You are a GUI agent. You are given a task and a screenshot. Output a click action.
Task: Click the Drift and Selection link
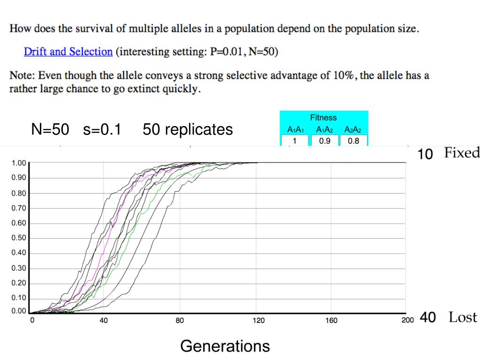(x=68, y=52)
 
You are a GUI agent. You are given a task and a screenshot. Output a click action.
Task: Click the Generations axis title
(x=225, y=346)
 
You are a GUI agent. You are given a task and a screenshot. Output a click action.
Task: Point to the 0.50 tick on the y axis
(x=19, y=238)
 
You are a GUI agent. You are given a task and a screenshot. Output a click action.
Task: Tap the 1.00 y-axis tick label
(x=19, y=163)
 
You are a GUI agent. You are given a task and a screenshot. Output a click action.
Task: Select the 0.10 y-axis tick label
(x=19, y=299)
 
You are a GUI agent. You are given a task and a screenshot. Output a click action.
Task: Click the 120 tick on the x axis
(x=258, y=321)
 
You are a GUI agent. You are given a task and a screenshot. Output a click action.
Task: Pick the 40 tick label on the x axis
(x=104, y=321)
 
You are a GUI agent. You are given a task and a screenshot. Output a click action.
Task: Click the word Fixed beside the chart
(x=462, y=153)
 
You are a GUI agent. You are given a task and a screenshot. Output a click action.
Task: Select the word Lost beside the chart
(x=463, y=317)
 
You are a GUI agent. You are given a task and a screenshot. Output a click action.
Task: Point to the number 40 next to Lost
(x=427, y=317)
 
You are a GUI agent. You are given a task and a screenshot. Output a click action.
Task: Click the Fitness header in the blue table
(x=323, y=118)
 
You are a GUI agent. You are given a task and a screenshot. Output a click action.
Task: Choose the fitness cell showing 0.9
(x=324, y=140)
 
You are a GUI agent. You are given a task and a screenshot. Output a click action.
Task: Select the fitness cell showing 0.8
(x=353, y=140)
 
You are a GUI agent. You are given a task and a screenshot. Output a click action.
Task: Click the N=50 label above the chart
(x=50, y=129)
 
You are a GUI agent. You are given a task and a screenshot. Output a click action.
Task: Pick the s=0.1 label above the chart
(x=102, y=129)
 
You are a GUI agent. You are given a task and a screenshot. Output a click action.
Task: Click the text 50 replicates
(x=187, y=129)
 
